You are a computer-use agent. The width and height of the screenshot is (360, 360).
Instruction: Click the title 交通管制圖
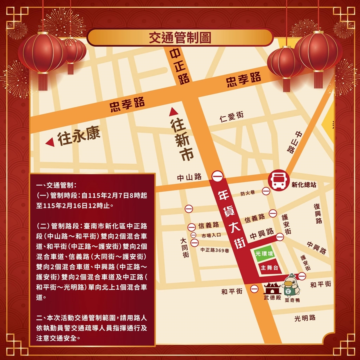180,38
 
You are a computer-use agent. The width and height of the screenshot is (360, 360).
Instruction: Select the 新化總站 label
304,185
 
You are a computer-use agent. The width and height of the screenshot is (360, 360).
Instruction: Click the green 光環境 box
264,254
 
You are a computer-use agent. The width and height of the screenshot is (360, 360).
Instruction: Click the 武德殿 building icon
272,288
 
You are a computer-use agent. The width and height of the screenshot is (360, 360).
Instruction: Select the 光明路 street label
305,318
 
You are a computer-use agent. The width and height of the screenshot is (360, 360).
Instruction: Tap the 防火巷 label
250,193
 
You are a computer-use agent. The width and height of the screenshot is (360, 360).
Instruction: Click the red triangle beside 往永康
50,142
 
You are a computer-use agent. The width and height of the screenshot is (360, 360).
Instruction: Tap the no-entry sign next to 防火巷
266,192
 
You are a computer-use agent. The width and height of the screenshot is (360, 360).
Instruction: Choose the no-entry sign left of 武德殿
254,288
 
